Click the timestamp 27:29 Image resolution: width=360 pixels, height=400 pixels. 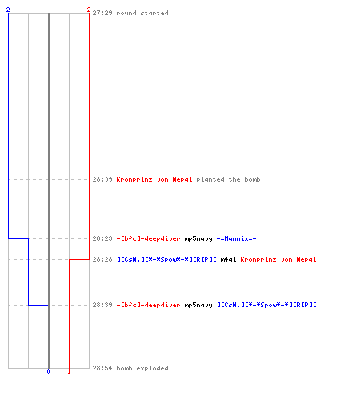point(102,13)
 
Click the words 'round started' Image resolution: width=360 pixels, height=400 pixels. point(142,13)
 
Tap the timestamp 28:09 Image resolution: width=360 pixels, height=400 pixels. point(102,179)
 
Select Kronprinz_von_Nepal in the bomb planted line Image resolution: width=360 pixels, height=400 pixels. point(154,179)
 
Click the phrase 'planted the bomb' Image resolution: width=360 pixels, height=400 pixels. point(228,179)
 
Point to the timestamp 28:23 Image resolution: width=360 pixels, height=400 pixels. point(102,238)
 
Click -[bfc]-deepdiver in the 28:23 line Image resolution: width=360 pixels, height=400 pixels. point(148,238)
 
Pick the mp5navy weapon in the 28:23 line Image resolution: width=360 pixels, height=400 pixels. point(198,238)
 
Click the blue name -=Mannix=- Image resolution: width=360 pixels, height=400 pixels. point(236,238)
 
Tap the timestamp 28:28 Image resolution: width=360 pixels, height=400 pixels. point(102,259)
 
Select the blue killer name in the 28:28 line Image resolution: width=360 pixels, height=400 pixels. point(166,259)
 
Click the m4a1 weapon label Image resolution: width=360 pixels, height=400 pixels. point(228,259)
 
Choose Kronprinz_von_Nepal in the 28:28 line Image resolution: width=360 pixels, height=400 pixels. point(278,259)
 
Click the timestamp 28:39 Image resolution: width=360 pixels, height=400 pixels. point(102,305)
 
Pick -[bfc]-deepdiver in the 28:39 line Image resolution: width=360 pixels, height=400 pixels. point(148,305)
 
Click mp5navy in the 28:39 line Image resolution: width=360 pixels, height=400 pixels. point(198,305)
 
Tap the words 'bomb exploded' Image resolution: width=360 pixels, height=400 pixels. point(142,368)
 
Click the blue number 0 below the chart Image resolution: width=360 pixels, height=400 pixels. point(48,371)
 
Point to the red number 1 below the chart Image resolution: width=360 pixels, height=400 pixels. point(69,371)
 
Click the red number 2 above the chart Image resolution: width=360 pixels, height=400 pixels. point(89,10)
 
